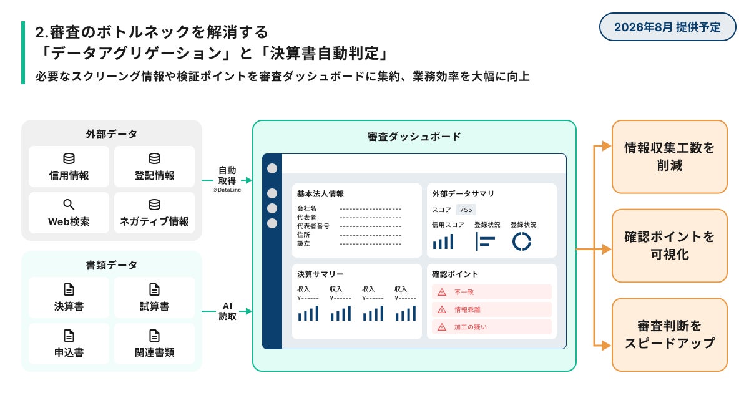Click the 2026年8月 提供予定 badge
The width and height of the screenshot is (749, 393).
(667, 27)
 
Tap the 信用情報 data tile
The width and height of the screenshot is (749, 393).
(69, 167)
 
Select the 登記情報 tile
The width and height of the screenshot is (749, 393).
(154, 167)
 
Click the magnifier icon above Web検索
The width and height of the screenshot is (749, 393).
(69, 205)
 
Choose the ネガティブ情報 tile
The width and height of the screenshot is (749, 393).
(154, 213)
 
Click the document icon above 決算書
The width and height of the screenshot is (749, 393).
(69, 289)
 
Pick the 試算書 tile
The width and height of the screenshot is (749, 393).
(154, 298)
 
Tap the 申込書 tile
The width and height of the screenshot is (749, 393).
(69, 344)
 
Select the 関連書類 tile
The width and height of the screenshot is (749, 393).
(154, 344)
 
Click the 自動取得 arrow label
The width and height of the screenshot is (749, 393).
(227, 176)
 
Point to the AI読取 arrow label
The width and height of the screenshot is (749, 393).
(227, 311)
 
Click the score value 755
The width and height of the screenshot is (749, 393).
(466, 210)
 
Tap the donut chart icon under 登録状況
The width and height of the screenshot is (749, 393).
(521, 241)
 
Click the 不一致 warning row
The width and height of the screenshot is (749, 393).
(492, 292)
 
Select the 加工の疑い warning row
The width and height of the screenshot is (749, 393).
(492, 327)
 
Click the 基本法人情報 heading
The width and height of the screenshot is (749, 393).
(321, 194)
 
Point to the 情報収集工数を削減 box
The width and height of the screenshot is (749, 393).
(669, 157)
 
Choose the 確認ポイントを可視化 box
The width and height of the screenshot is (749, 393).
(669, 246)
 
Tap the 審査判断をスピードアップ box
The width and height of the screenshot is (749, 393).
(669, 334)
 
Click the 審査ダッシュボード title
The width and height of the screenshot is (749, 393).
(414, 136)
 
